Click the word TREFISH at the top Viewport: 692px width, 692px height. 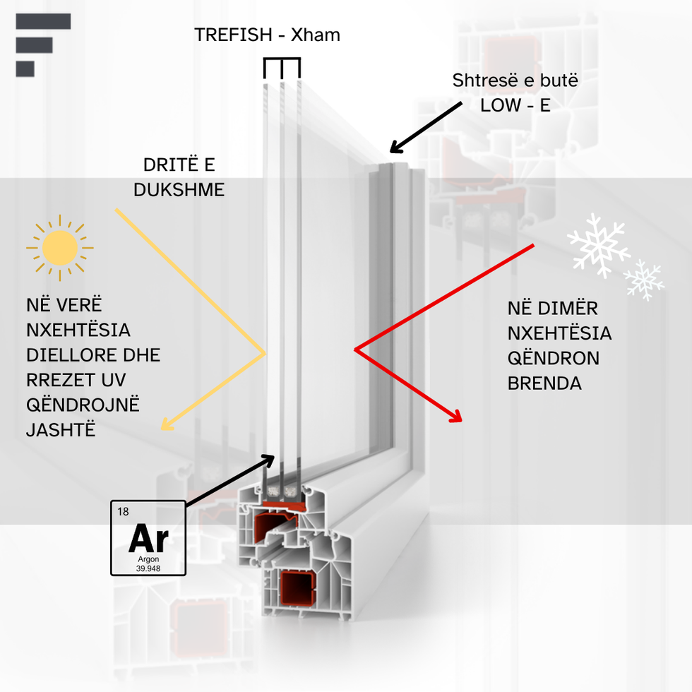(x=233, y=35)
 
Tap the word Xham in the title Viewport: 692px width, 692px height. (x=316, y=35)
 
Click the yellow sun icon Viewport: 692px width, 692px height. (x=60, y=248)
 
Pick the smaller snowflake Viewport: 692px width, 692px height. (x=644, y=280)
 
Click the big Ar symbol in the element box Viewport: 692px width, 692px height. (x=149, y=538)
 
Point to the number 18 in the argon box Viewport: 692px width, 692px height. (x=123, y=511)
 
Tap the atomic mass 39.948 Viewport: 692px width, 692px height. (x=148, y=568)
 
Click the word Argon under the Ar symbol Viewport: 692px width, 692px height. (x=148, y=559)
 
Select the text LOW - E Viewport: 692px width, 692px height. (x=515, y=105)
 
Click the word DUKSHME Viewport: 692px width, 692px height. (x=179, y=190)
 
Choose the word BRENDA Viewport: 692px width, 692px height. (x=544, y=383)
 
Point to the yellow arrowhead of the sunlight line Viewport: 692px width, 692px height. (x=167, y=425)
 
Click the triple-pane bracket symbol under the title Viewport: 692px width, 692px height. (x=282, y=68)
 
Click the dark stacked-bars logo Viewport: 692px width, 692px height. (x=43, y=45)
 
